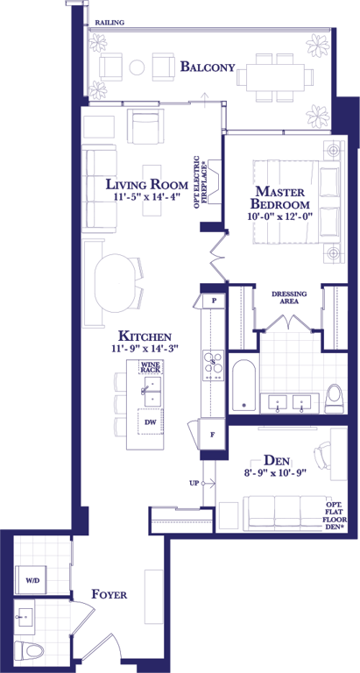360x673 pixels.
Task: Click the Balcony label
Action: tap(208, 67)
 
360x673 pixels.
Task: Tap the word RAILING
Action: tap(109, 23)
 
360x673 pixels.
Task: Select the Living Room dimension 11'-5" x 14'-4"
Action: tap(147, 197)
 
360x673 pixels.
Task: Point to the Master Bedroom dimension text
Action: tap(279, 216)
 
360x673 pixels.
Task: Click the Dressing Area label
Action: tap(290, 297)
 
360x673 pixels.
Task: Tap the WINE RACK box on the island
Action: tap(150, 367)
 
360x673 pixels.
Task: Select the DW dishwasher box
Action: tap(150, 422)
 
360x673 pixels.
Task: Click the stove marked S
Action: tap(213, 365)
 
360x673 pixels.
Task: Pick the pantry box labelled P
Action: tap(214, 301)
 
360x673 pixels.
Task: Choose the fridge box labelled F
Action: tap(212, 435)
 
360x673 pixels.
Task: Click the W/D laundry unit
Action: tap(31, 580)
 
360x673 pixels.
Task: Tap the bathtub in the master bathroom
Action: tap(244, 385)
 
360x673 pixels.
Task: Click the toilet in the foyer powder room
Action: tap(30, 650)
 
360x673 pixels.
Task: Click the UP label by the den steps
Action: tap(194, 484)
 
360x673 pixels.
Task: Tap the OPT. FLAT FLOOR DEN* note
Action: tap(336, 516)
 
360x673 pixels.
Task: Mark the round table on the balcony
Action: tap(138, 67)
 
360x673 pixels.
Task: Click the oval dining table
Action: tap(115, 283)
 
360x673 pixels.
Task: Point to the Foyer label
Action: tap(109, 594)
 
